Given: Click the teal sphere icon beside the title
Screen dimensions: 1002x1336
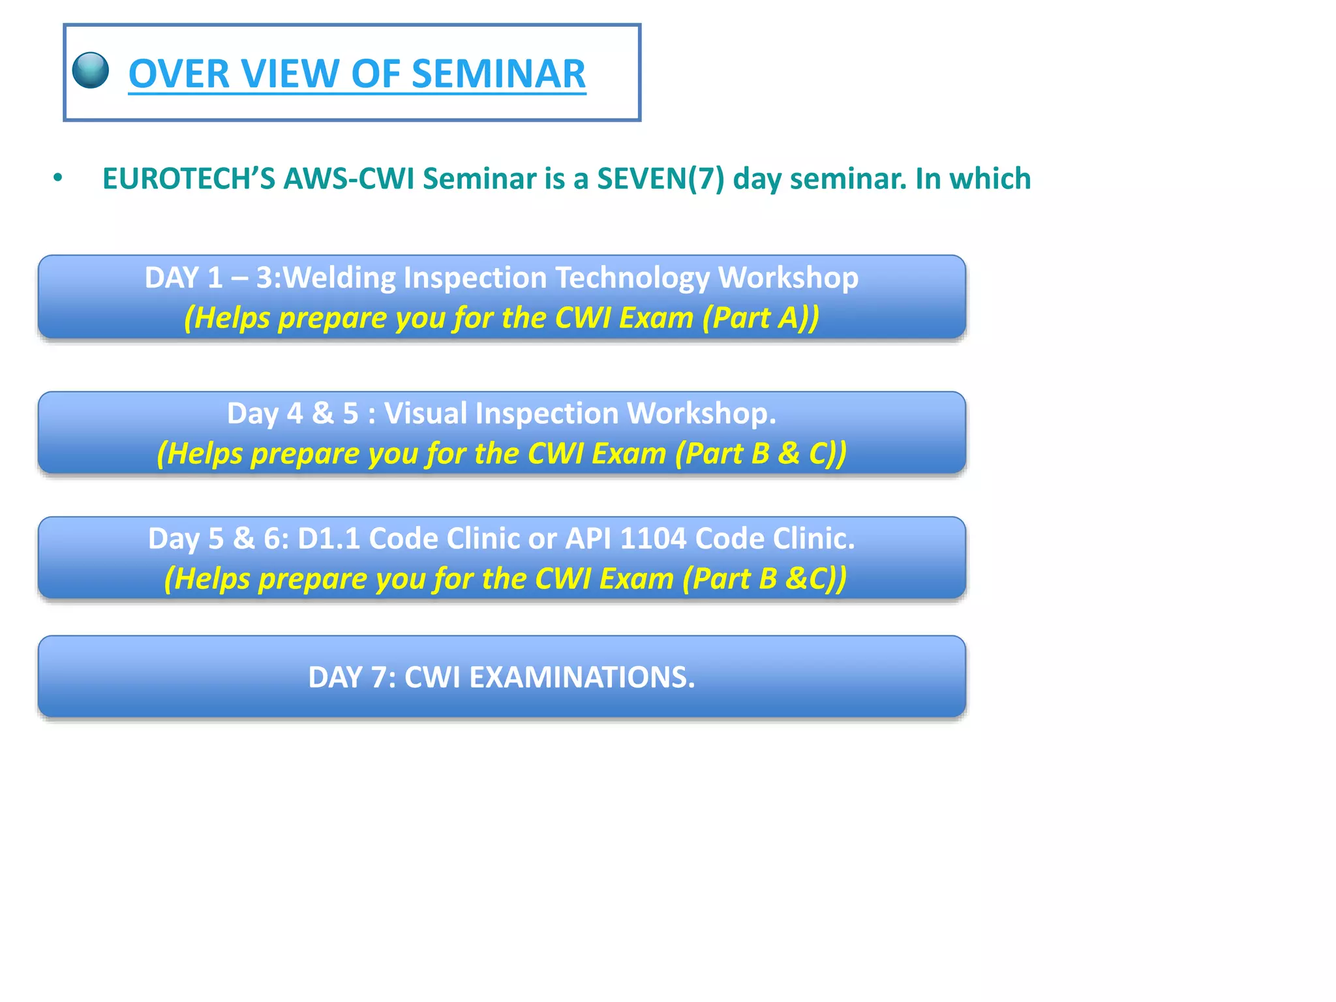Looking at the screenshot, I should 91,70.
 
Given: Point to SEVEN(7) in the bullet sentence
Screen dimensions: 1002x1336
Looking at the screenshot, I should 660,179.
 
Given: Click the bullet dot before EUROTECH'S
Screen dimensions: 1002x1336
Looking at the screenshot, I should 58,178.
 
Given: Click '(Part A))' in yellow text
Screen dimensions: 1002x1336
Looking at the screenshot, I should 761,318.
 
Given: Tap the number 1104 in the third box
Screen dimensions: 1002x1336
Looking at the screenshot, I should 653,539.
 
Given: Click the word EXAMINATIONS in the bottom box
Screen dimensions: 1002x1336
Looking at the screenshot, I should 582,678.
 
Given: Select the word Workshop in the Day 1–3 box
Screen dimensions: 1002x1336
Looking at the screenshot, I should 788,278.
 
